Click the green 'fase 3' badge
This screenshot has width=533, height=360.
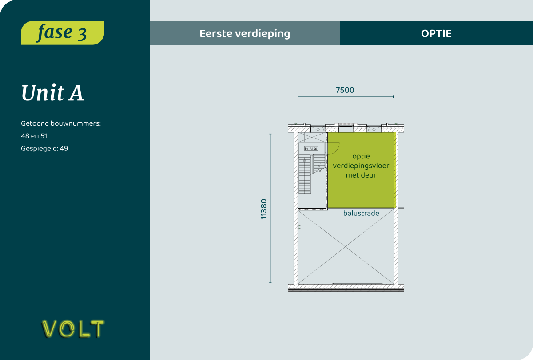[x=62, y=32]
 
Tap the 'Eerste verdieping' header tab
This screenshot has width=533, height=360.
[x=245, y=33]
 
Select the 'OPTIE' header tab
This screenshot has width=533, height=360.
[x=436, y=33]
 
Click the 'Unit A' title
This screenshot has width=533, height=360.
[x=52, y=93]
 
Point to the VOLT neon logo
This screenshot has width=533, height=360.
[x=73, y=329]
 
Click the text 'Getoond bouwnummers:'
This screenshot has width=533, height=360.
[x=61, y=123]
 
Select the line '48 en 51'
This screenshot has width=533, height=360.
[x=34, y=136]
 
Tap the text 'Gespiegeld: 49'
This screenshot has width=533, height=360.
[x=44, y=149]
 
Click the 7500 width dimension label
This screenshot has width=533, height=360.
[x=345, y=90]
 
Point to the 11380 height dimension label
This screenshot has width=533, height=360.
[x=264, y=209]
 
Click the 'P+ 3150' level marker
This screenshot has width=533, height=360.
[x=311, y=149]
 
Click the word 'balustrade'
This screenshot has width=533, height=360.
[x=361, y=213]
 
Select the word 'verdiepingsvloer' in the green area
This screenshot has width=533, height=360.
[x=361, y=166]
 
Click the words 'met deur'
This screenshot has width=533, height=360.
[x=361, y=175]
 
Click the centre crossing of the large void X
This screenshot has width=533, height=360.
[x=346, y=247]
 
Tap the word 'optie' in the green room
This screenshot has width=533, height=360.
[x=361, y=156]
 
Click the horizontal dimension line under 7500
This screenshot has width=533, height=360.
[x=346, y=97]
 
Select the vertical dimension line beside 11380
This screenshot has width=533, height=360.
[x=270, y=208]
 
